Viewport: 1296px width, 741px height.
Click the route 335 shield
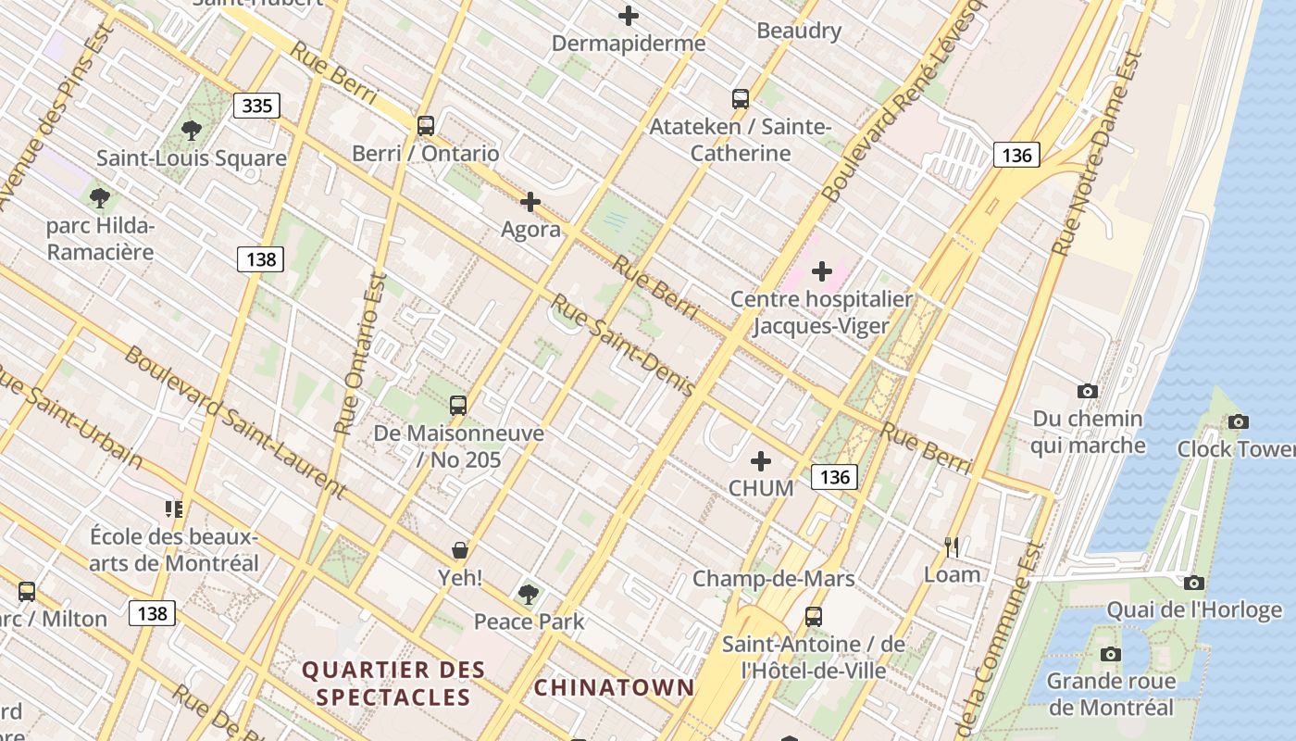click(x=256, y=106)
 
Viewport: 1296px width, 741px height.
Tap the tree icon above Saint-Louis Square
click(x=192, y=130)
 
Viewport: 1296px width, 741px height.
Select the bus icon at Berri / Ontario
click(x=425, y=125)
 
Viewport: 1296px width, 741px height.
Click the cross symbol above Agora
click(x=530, y=201)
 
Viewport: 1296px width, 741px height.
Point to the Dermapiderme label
click(x=628, y=44)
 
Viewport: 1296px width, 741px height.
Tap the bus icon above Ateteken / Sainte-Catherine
click(x=740, y=98)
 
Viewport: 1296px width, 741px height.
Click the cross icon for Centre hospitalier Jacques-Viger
click(x=821, y=271)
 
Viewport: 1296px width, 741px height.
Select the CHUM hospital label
click(x=761, y=488)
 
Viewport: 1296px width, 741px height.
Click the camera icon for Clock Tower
click(x=1238, y=422)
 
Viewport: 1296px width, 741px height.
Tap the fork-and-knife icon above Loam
click(x=952, y=546)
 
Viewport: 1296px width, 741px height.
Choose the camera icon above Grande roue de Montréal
click(x=1111, y=655)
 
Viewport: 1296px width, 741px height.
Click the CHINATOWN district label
click(x=614, y=687)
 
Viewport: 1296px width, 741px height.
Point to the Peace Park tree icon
click(x=529, y=593)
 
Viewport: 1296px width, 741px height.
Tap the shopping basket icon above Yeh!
click(x=460, y=550)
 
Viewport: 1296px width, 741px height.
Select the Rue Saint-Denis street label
click(x=622, y=345)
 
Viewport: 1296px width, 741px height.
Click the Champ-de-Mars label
click(x=773, y=580)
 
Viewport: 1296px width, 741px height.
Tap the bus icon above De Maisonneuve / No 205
click(x=458, y=405)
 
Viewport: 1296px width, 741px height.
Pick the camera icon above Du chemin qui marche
click(x=1088, y=392)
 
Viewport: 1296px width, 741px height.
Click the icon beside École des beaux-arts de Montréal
click(x=173, y=509)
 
